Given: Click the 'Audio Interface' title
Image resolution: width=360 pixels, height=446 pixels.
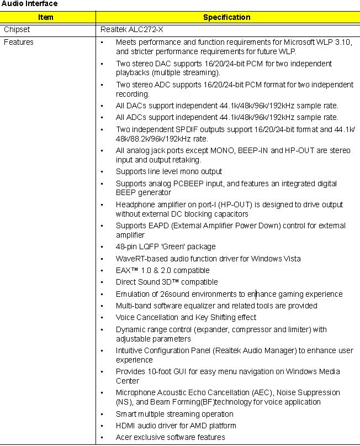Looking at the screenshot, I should (x=29, y=4).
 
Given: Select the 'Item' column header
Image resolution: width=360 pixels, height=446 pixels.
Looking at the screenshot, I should (x=46, y=17).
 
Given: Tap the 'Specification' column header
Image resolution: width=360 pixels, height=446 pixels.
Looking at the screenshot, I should (x=226, y=17).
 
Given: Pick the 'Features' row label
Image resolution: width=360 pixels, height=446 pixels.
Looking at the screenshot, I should (x=19, y=42).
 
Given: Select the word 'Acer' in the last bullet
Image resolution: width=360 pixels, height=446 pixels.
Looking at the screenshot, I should (x=124, y=437).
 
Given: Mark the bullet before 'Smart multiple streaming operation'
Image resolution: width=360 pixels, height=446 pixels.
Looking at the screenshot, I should (x=102, y=414).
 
